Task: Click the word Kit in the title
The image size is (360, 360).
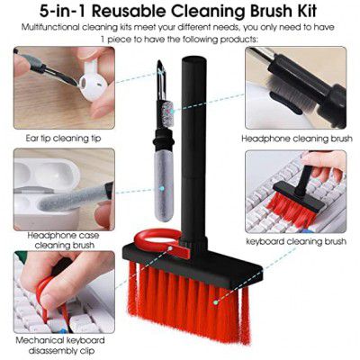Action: pos(304,11)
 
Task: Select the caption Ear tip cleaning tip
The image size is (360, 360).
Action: pos(63,139)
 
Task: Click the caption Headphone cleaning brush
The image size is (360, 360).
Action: pos(297,139)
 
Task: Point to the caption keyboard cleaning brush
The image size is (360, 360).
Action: pos(296,241)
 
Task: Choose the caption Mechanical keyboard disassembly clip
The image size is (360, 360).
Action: pos(61,345)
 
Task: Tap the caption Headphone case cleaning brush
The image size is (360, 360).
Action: pos(64,240)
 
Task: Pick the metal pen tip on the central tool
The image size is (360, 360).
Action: pos(161,78)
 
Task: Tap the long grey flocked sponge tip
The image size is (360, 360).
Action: pos(165,186)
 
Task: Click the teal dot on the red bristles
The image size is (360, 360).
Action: pos(215,302)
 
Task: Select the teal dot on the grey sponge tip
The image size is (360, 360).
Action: pos(162,189)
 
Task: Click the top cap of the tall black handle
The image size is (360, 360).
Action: pos(193,60)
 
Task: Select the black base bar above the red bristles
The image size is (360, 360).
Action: pos(192,264)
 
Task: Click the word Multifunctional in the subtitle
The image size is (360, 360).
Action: pos(50,28)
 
